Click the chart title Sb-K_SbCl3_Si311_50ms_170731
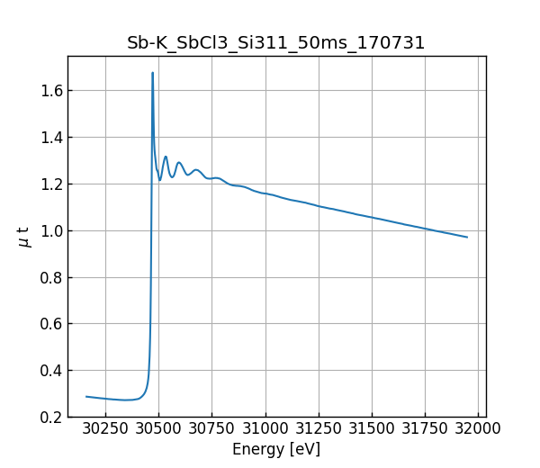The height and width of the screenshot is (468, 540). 276,42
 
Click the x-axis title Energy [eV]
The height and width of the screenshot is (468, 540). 276,449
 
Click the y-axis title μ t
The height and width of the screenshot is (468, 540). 25,237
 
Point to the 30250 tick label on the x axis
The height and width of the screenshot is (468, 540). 105,428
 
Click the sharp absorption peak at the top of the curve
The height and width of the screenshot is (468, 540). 152,74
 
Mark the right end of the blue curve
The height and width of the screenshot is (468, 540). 467,237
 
